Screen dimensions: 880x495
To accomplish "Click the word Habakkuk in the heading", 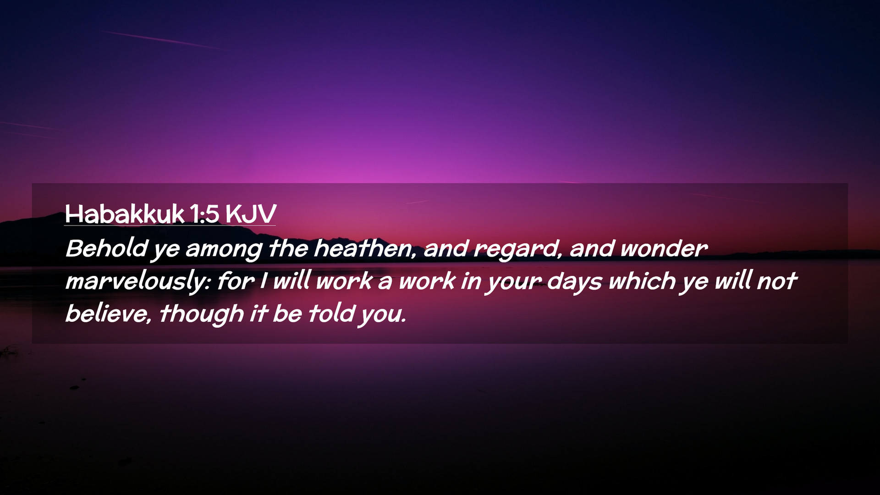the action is (125, 214).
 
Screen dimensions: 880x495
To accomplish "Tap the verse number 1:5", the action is (204, 214).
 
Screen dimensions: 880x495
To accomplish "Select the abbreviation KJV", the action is (251, 214).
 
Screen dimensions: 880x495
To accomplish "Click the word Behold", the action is (107, 248).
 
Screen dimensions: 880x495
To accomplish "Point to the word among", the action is (224, 250).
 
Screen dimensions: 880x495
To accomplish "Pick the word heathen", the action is (365, 248).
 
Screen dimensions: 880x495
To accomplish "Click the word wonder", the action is (664, 248).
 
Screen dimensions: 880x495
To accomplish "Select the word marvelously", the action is (138, 281).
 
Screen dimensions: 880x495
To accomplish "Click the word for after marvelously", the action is (236, 280).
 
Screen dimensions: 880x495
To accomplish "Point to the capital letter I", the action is (263, 280).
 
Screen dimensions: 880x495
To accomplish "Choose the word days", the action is (574, 281).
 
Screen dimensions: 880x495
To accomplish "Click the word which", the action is (642, 280).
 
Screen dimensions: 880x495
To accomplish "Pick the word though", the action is (202, 314).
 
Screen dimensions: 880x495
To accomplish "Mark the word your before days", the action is (514, 283).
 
